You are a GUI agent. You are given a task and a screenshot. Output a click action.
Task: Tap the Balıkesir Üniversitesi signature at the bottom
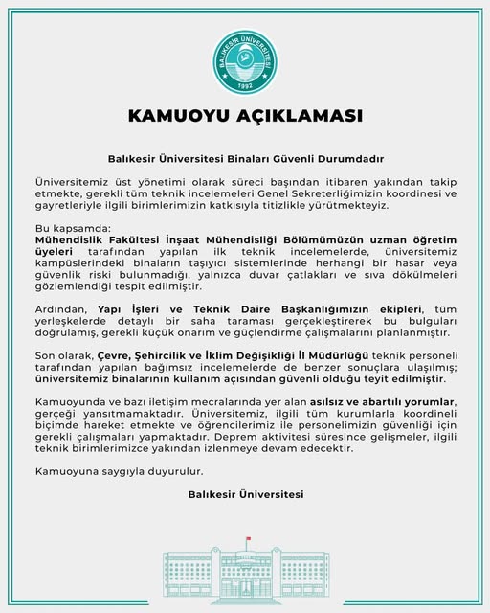click(245, 494)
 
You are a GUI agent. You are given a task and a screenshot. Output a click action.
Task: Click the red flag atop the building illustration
click(248, 540)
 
